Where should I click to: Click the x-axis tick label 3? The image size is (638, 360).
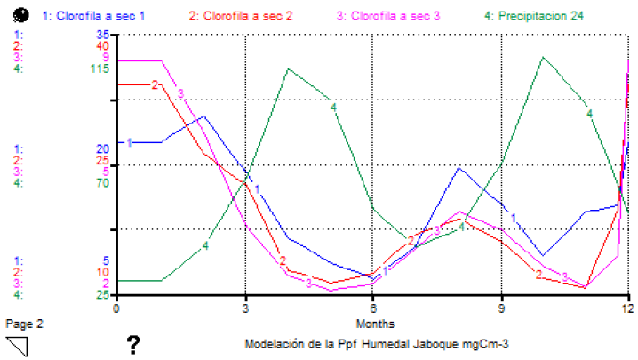point(244,308)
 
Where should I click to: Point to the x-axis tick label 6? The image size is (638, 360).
point(373,308)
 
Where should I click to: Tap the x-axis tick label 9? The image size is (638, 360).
point(502,308)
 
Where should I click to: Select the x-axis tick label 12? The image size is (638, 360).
point(627,308)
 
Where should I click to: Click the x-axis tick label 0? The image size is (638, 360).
point(116,308)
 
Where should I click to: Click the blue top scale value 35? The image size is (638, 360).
point(103,35)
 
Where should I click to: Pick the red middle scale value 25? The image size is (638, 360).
point(103,160)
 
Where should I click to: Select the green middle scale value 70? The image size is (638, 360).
point(103,183)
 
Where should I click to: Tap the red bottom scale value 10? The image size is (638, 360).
point(103,272)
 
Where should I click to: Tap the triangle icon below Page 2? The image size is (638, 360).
point(17,345)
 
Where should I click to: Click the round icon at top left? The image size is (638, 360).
point(24,15)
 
